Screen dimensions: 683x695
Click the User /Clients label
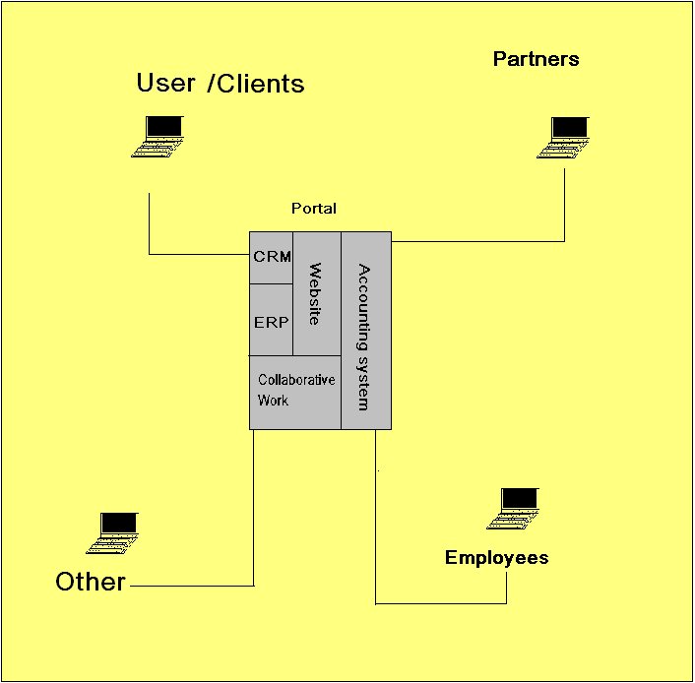click(221, 84)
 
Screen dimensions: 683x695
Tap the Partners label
click(536, 59)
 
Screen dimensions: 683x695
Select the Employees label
click(496, 558)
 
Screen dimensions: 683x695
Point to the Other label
click(91, 582)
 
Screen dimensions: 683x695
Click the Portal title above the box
click(314, 209)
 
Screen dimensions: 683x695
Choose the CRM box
click(272, 258)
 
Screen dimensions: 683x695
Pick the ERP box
click(271, 322)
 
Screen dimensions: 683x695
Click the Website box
click(317, 293)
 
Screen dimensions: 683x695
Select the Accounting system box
click(365, 331)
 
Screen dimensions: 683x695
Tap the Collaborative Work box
click(295, 391)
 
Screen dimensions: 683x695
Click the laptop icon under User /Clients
click(160, 136)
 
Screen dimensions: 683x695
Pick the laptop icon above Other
click(114, 533)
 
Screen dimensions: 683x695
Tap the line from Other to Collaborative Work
click(254, 512)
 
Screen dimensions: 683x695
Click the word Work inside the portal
click(274, 401)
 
